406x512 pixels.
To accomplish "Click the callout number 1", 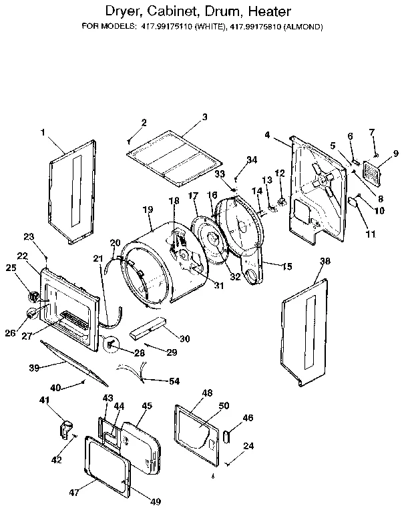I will point(43,132).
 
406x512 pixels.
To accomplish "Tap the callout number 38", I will point(325,262).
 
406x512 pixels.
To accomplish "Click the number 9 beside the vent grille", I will point(395,154).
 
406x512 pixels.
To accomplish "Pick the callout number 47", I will point(75,493).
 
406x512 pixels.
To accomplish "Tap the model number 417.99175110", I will point(170,27).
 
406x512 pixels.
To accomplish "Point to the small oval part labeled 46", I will point(226,436).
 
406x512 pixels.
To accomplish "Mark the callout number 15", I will point(287,266).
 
